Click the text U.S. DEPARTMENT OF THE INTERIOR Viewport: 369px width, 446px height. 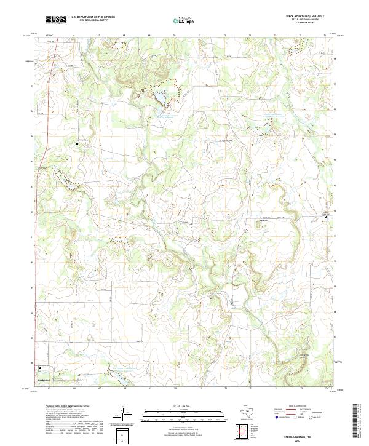coord(93,17)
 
